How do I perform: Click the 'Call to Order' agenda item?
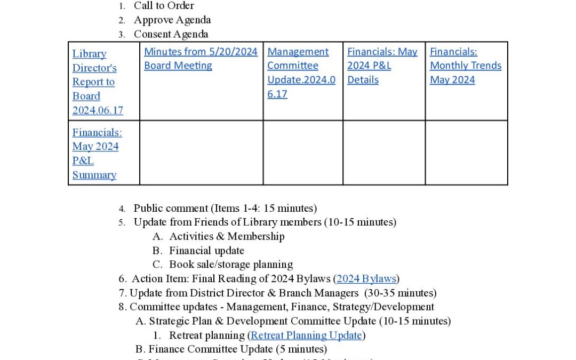(164, 6)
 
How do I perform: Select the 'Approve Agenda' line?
(172, 20)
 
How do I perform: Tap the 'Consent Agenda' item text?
(171, 34)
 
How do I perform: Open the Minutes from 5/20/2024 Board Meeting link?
(201, 59)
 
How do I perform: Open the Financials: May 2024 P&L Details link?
(382, 66)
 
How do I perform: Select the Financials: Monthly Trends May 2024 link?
(465, 66)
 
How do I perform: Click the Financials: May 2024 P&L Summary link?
(96, 153)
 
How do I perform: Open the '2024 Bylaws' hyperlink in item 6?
(366, 278)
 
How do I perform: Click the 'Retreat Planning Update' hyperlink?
(307, 335)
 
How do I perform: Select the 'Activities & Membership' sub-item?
(227, 236)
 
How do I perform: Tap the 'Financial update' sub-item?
(206, 251)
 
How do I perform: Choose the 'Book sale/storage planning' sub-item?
(231, 265)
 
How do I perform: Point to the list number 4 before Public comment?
(122, 209)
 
